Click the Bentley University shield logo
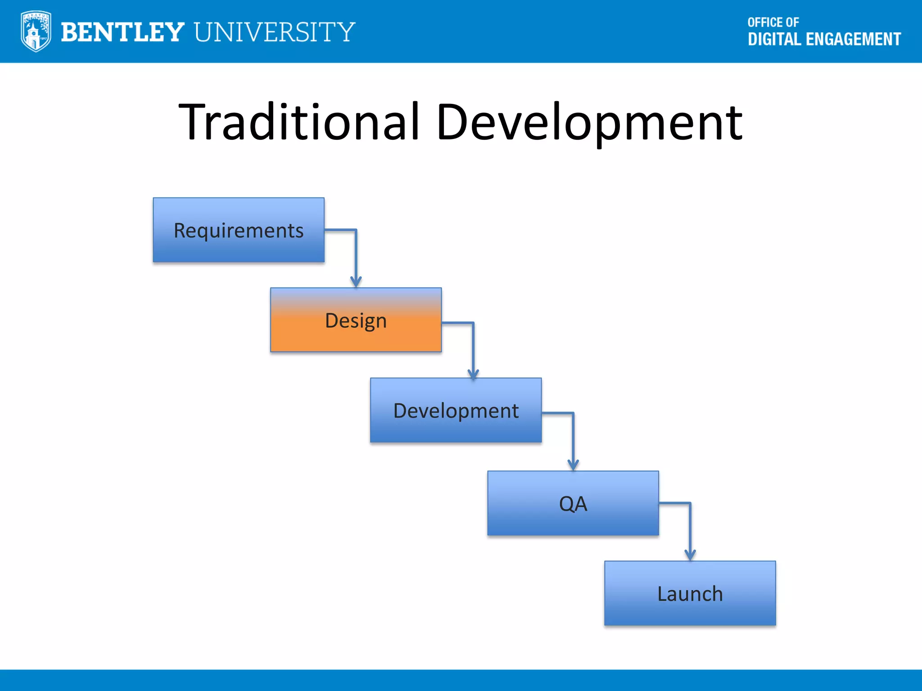pyautogui.click(x=36, y=31)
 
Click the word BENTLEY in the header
pyautogui.click(x=122, y=32)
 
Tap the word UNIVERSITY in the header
pyautogui.click(x=275, y=32)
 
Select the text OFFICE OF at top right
pyautogui.click(x=773, y=22)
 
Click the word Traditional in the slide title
pyautogui.click(x=298, y=122)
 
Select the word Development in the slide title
pyautogui.click(x=589, y=122)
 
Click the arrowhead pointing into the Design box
pyautogui.click(x=356, y=282)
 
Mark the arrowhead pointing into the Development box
pyautogui.click(x=473, y=373)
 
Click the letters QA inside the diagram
pyautogui.click(x=573, y=504)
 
